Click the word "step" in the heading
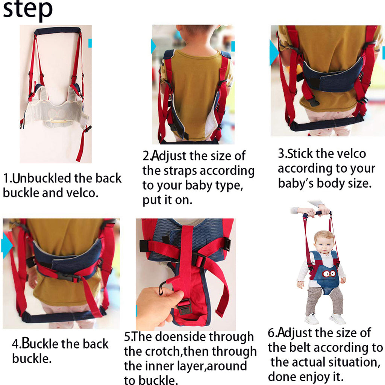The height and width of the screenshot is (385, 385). tap(27, 11)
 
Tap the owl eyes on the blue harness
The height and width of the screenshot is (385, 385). tap(329, 273)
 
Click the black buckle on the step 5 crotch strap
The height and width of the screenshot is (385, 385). tap(185, 306)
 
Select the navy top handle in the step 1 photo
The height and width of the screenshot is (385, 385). tap(57, 30)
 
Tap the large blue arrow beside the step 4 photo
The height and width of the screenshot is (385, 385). tap(7, 245)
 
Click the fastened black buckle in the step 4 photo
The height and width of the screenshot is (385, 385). tap(68, 277)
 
